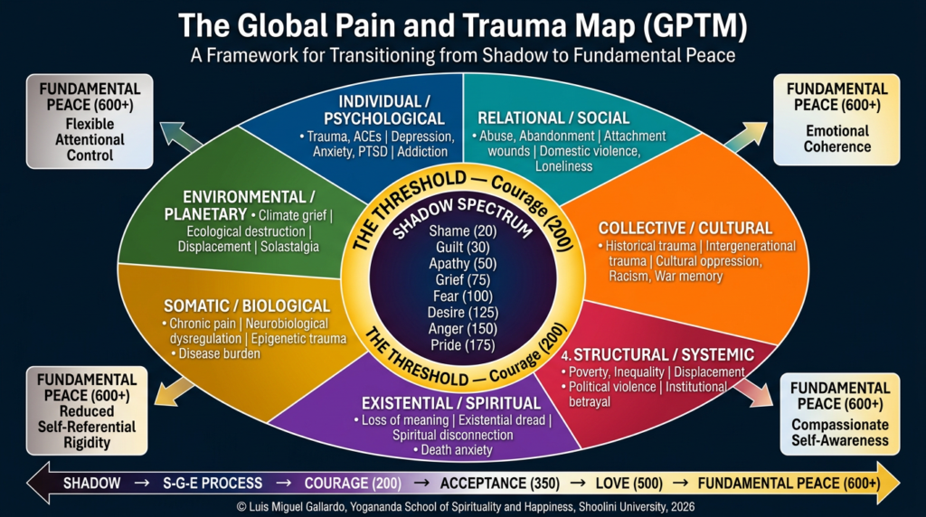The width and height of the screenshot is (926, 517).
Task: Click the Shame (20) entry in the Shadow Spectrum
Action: click(463, 230)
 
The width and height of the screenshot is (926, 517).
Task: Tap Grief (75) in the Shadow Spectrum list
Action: click(463, 279)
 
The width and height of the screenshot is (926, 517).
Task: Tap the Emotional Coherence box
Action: click(836, 119)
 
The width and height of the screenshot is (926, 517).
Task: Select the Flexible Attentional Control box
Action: click(89, 121)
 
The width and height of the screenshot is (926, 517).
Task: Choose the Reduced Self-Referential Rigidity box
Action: click(89, 409)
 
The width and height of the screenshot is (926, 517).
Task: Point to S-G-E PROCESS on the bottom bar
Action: click(213, 484)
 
